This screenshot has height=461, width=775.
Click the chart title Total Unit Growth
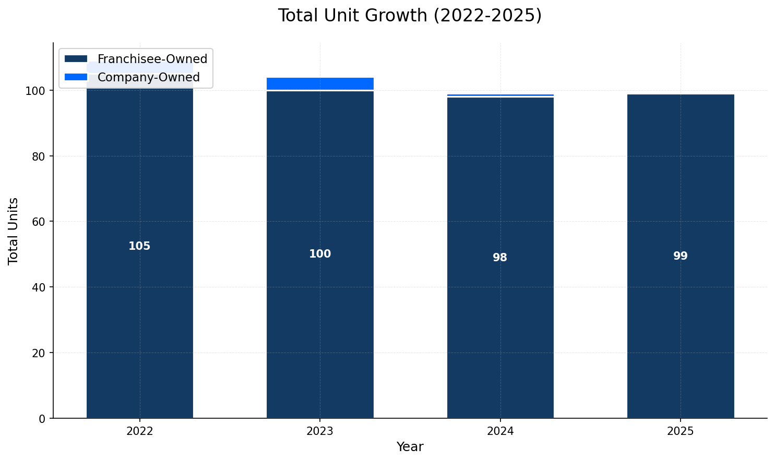click(410, 16)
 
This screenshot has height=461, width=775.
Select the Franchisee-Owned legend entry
click(152, 59)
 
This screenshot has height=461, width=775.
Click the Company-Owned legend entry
click(148, 77)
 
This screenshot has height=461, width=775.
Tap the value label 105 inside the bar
click(139, 246)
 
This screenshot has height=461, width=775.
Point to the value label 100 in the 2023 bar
click(320, 254)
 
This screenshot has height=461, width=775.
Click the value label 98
click(500, 258)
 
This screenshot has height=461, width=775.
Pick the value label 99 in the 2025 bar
click(681, 256)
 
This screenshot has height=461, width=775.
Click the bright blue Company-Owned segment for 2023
click(320, 83)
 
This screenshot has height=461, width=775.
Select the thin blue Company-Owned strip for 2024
click(500, 95)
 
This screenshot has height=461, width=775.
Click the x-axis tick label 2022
click(139, 431)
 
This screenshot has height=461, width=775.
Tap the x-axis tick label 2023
click(320, 431)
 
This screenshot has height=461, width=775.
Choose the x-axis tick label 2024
click(500, 431)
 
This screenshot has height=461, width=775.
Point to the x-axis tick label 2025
click(681, 431)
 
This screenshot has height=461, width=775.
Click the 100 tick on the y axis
click(39, 91)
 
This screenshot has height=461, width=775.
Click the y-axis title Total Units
click(14, 231)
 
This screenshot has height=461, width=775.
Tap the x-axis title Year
click(410, 447)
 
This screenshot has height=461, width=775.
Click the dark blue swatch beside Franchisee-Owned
click(76, 59)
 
